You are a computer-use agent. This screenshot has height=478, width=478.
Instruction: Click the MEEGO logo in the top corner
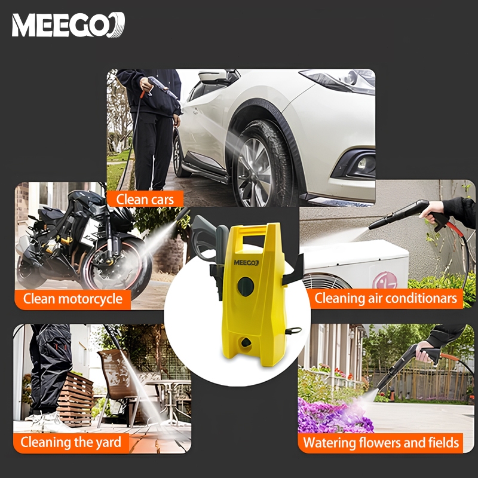point(68,24)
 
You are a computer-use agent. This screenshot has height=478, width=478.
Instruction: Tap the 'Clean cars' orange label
point(145,200)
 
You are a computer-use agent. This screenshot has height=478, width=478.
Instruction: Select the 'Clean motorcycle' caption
point(73,299)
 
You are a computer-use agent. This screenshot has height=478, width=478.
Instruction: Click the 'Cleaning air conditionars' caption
point(385,298)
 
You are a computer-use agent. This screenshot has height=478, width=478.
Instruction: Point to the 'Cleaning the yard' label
point(71,443)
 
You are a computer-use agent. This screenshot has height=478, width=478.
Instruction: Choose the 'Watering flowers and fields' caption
point(381,443)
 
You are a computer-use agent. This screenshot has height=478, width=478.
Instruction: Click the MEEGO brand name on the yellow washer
point(246,262)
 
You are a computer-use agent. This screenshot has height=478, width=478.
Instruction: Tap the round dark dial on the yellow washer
point(246,287)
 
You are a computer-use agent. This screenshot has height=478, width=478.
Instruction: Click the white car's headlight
point(340,81)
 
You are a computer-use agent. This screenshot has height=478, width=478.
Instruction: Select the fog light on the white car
point(362,164)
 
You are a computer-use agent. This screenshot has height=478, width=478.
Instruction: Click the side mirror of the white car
point(213,76)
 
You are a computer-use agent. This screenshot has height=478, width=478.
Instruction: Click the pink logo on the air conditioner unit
point(385,280)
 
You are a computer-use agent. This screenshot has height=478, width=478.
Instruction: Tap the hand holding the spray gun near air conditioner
point(431,210)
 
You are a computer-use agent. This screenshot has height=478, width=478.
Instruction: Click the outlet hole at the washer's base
point(246,342)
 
